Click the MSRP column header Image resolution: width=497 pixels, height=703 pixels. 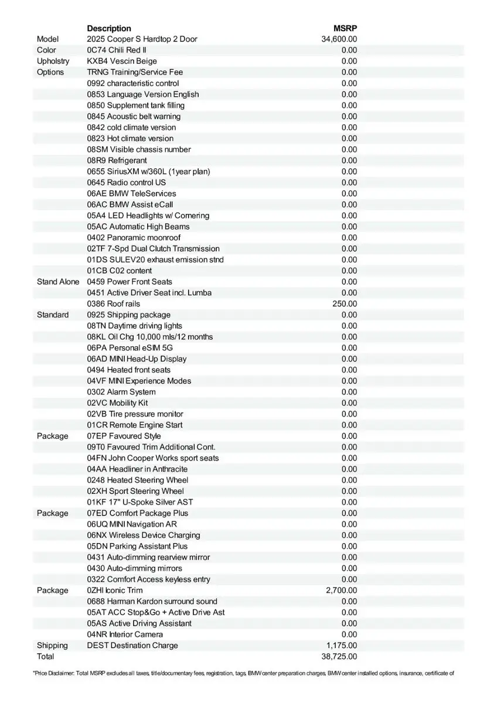[345, 28]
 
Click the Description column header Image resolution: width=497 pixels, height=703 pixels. [109, 28]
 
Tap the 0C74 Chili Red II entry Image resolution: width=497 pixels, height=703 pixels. [117, 50]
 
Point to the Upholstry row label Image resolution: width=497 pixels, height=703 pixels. [53, 61]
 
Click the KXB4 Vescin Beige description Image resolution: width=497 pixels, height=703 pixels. [122, 61]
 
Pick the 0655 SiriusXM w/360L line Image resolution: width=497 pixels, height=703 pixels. [148, 172]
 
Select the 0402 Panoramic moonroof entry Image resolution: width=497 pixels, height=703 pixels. [134, 237]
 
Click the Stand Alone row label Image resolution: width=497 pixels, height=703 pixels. [57, 282]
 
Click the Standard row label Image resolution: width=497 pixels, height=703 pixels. [53, 315]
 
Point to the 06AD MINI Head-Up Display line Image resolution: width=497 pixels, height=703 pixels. [137, 359]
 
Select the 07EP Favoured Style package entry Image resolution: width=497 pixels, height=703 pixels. [124, 436]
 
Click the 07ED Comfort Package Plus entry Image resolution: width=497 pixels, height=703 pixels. [138, 513]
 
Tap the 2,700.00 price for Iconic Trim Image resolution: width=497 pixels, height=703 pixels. [341, 590]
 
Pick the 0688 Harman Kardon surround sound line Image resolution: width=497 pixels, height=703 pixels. [152, 601]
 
